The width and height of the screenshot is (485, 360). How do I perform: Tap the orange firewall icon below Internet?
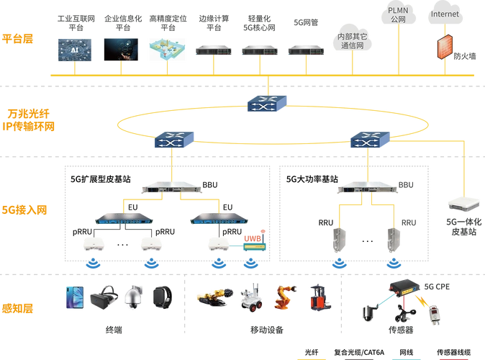pos(449,45)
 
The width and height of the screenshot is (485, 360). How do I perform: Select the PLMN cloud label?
pos(398,14)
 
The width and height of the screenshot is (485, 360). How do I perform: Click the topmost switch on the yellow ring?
pos(266,104)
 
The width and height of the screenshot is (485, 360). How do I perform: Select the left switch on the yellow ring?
pos(171,140)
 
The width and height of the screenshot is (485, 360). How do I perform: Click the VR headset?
pos(102,298)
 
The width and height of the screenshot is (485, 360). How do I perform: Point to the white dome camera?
pos(132,297)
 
